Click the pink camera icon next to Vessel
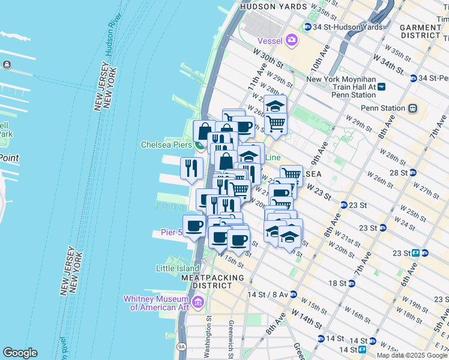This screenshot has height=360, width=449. coord(292,40)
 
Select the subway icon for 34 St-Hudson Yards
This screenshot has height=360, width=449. coord(307,27)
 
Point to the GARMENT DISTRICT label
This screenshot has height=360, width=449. coord(423,31)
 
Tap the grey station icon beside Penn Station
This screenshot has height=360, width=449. coord(412,109)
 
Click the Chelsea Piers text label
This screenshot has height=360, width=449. coord(166,145)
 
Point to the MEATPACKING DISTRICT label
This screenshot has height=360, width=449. coord(213,283)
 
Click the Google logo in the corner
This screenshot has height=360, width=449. coord(20,353)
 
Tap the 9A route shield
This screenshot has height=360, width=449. coord(181,347)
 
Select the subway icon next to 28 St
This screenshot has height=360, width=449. coord(413,172)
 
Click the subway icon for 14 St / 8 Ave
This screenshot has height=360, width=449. coord(293,295)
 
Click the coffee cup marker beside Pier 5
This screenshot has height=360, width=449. coord(194,226)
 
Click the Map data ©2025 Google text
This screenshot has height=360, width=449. coord(412,355)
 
